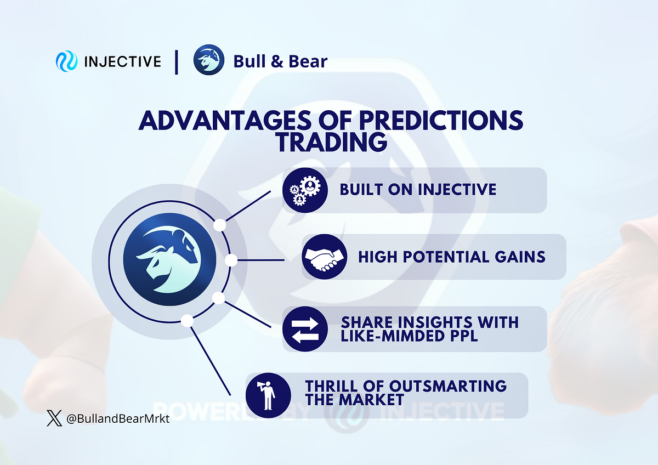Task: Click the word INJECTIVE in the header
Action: coord(122,61)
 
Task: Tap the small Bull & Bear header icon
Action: coord(209,61)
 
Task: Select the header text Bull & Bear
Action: coord(280,61)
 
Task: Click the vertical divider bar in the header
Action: coord(177,61)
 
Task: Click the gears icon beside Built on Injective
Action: coord(305,190)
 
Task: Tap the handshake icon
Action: coord(324,257)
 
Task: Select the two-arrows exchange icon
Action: coord(305,329)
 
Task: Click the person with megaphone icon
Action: coord(268,395)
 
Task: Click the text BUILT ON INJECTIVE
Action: coord(418,190)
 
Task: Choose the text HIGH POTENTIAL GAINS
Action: coord(452,257)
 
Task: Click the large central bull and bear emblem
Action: coord(169,260)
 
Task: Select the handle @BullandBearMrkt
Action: coord(117,420)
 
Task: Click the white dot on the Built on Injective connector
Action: coord(220,225)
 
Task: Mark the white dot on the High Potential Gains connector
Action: coord(231,260)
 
